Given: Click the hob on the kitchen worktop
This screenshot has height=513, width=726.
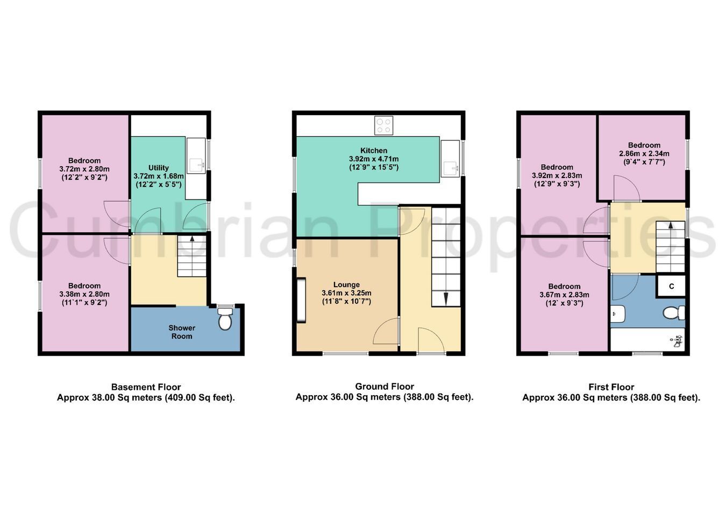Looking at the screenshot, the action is [384, 125].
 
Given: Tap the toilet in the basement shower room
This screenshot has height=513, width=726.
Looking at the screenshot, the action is [225, 318].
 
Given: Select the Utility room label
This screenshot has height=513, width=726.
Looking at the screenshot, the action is [159, 168].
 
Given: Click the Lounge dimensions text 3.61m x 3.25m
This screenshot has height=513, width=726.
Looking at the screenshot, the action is [346, 293].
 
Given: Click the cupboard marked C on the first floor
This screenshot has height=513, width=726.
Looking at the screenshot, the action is [671, 286].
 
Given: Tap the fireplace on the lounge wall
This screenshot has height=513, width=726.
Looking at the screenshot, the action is [301, 300].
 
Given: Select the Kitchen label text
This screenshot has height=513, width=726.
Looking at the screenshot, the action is [374, 151].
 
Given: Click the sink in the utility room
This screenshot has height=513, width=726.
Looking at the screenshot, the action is [196, 166].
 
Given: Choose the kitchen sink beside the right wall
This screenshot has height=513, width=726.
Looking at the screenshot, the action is [451, 168].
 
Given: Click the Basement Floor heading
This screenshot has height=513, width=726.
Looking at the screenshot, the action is [146, 387].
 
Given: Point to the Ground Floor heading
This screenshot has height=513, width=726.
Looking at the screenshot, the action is [385, 386].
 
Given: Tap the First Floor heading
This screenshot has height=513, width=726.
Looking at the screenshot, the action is [611, 387].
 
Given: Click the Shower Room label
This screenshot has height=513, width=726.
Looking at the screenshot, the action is [182, 332].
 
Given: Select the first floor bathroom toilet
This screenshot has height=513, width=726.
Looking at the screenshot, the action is [674, 313].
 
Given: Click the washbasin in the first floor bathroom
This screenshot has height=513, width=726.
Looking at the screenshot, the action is [617, 313].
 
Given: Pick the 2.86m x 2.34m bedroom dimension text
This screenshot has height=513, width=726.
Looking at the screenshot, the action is [644, 154].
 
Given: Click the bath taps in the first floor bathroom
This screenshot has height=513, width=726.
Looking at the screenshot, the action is [677, 341].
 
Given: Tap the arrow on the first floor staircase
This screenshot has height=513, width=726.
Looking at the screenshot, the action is [671, 226].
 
